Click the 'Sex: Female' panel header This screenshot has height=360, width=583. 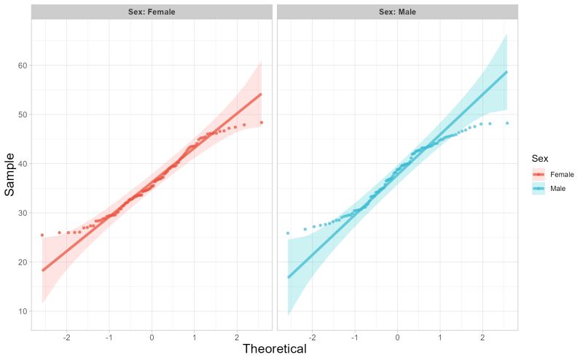coord(152,12)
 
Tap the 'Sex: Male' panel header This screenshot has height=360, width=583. coord(397,12)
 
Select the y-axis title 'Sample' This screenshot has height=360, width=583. coord(10,174)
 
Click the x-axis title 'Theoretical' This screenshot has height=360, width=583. coord(274,349)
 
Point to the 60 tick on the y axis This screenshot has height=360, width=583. coord(23,66)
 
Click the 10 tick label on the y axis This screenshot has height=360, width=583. coord(23,311)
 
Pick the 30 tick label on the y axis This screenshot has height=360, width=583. coord(23,213)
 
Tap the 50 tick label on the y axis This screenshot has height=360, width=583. coord(23,114)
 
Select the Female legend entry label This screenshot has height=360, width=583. coord(562,175)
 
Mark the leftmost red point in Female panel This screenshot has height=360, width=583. coord(42,235)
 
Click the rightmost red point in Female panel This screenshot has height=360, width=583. coord(261,122)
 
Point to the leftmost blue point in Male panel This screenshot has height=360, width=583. coord(288,233)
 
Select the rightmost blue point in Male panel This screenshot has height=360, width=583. coord(506,123)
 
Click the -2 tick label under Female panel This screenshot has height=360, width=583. coord(66,338)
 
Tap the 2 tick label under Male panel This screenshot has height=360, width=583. coord(482,338)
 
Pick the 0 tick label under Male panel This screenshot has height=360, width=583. coord(397,338)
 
